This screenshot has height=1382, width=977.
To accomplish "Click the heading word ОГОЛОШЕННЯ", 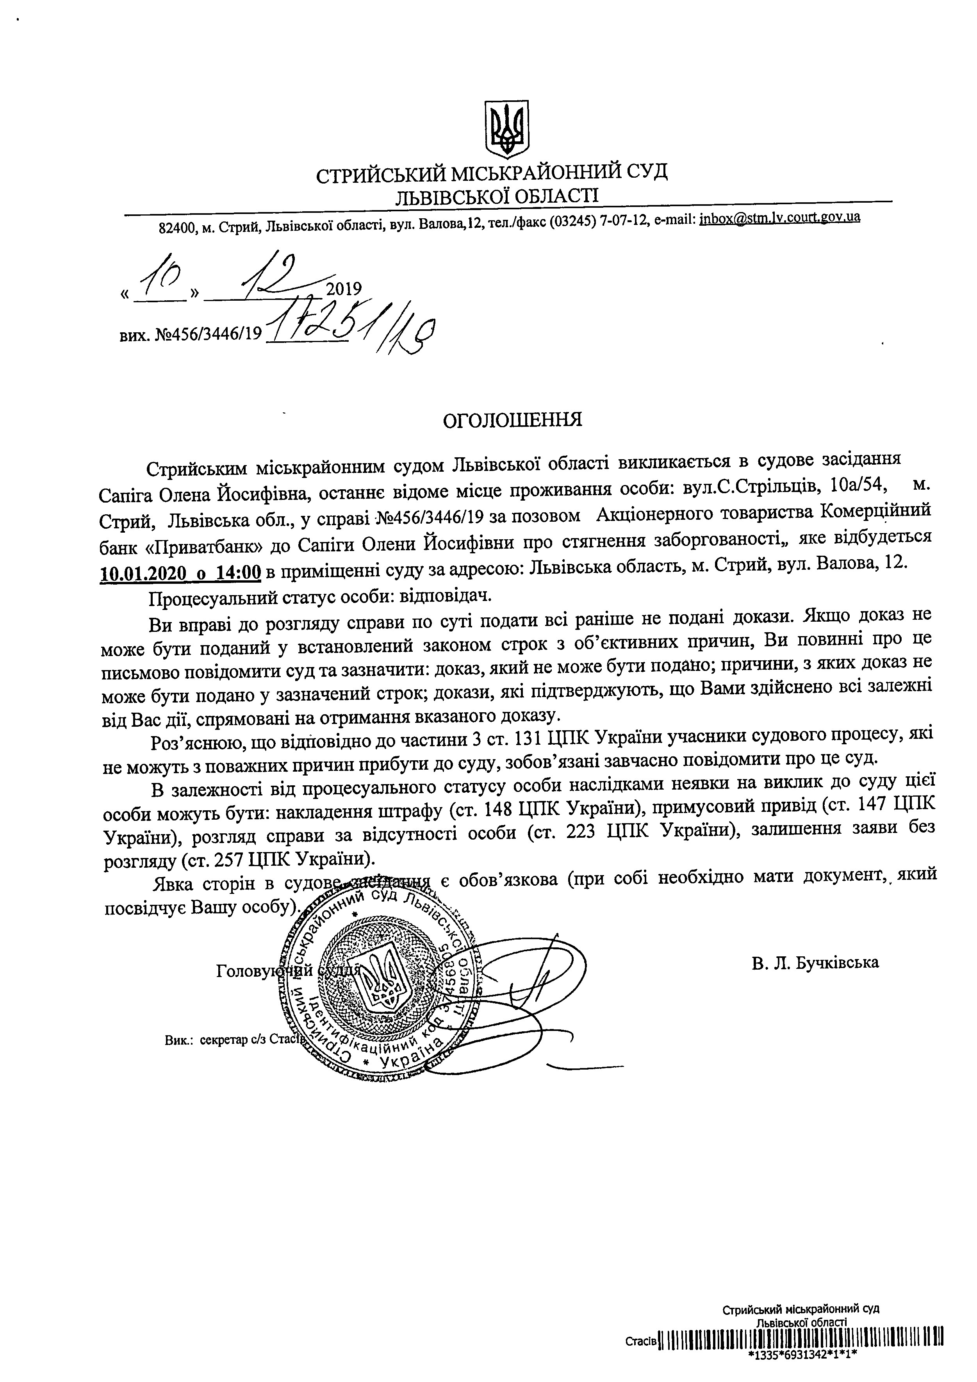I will click(x=512, y=419).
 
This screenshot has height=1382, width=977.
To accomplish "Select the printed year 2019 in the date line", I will click(x=344, y=289).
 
